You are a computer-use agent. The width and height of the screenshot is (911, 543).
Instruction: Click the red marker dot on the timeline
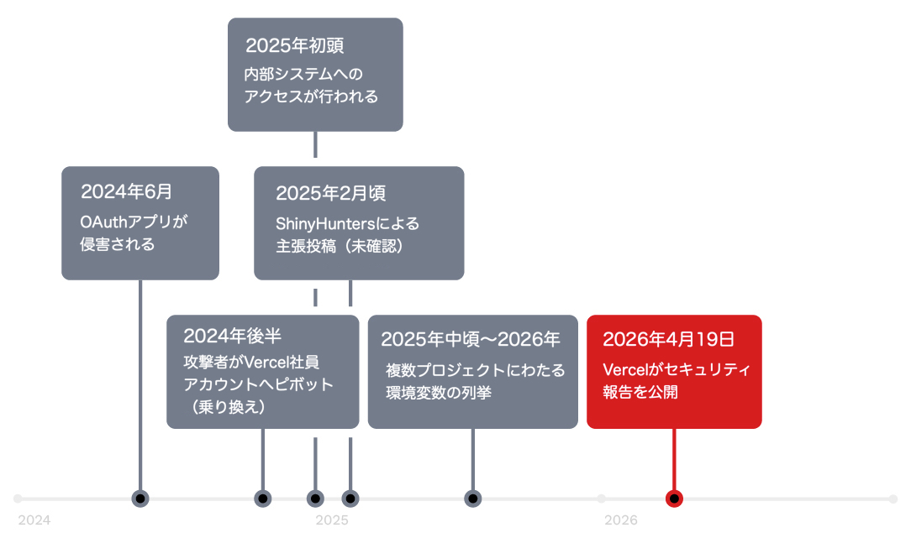(674, 499)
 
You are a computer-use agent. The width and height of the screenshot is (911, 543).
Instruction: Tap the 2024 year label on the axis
(34, 520)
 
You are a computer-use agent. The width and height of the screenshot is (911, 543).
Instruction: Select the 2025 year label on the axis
(332, 520)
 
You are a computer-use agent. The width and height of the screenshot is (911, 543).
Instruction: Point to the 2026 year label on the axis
(620, 520)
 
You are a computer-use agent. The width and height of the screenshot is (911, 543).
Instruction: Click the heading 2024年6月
(126, 191)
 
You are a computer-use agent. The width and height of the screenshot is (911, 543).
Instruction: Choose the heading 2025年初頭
(295, 45)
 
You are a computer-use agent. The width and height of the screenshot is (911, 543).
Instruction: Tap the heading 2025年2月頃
(330, 193)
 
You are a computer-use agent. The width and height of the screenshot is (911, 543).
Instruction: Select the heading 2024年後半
(233, 336)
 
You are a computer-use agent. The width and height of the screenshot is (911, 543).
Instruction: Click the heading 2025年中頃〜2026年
(470, 339)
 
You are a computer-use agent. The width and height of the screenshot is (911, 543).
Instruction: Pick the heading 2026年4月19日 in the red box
(669, 339)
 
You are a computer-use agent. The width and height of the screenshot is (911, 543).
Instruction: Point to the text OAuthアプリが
(134, 222)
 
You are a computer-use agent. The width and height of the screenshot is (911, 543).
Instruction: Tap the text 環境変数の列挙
(439, 393)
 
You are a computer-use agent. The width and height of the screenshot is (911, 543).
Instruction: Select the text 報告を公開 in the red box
(640, 392)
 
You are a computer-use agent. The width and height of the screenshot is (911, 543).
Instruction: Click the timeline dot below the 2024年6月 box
(140, 499)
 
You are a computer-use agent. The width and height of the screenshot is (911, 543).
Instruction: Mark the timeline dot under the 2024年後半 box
(262, 499)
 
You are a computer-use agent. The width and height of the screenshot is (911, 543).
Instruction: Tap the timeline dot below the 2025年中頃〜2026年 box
(473, 499)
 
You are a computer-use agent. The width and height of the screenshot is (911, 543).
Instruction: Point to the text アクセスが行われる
(311, 97)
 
